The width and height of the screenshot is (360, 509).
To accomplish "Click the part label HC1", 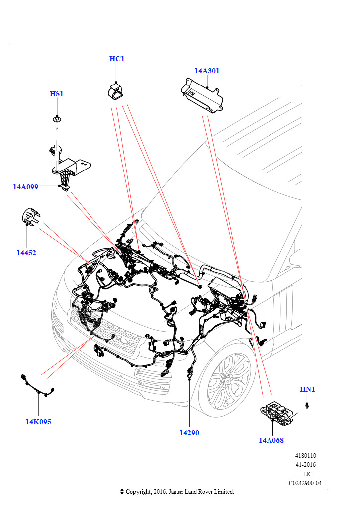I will (x=117, y=59).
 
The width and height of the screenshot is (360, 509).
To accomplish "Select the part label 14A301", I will (x=207, y=71).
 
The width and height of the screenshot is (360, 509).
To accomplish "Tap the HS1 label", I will (x=57, y=94).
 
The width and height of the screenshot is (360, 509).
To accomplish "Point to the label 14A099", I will (x=26, y=187).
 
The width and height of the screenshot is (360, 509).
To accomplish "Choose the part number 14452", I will (x=26, y=253).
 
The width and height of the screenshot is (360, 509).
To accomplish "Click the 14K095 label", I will (x=38, y=422).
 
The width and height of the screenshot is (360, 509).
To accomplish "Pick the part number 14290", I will (x=189, y=433).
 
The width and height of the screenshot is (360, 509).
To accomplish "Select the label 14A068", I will (x=271, y=440).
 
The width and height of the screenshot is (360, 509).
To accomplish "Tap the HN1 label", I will (x=307, y=389).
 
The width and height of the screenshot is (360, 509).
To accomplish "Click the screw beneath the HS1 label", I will (x=57, y=121).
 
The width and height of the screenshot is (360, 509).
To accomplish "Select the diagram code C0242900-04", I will (x=305, y=483).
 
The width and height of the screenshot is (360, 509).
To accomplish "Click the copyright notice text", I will (x=177, y=492).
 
